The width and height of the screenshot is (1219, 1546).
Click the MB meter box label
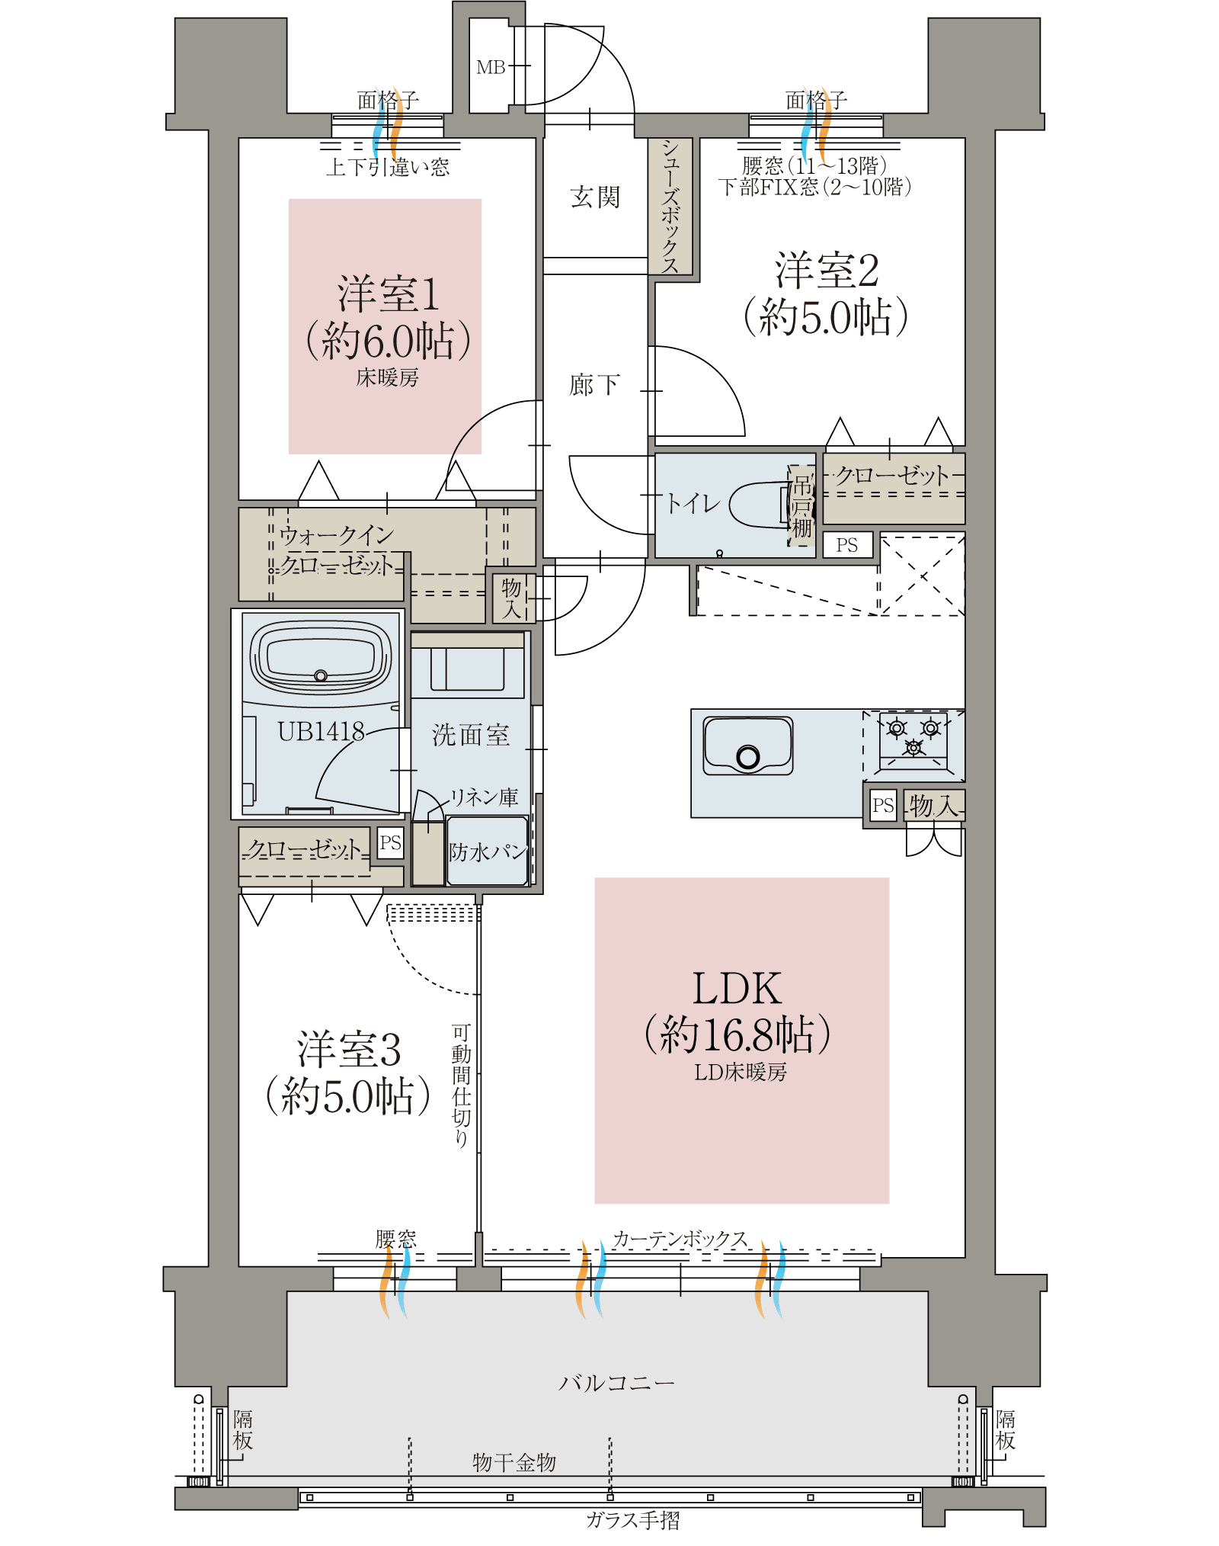pos(491,68)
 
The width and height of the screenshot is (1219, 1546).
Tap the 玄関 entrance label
pos(595,197)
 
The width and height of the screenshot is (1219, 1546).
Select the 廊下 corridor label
pos(595,385)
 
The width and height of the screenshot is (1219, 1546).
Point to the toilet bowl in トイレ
pos(762,504)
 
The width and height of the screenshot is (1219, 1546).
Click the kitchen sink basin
pos(748,745)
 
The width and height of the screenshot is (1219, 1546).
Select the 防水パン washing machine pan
pos(488,851)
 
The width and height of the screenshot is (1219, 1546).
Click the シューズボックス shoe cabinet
pos(670,206)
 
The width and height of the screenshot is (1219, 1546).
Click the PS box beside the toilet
pos(847,545)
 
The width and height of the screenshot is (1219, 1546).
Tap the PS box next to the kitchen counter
pos(883,805)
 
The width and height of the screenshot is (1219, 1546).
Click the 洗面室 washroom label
pos(471,735)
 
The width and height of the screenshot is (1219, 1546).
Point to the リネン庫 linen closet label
pos(485,797)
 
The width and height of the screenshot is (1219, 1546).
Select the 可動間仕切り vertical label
pos(462,1086)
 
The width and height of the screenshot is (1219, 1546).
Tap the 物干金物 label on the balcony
pos(514,1462)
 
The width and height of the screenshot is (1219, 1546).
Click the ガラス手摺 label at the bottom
pos(633,1520)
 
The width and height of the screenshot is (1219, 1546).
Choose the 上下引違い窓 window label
pos(388,167)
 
